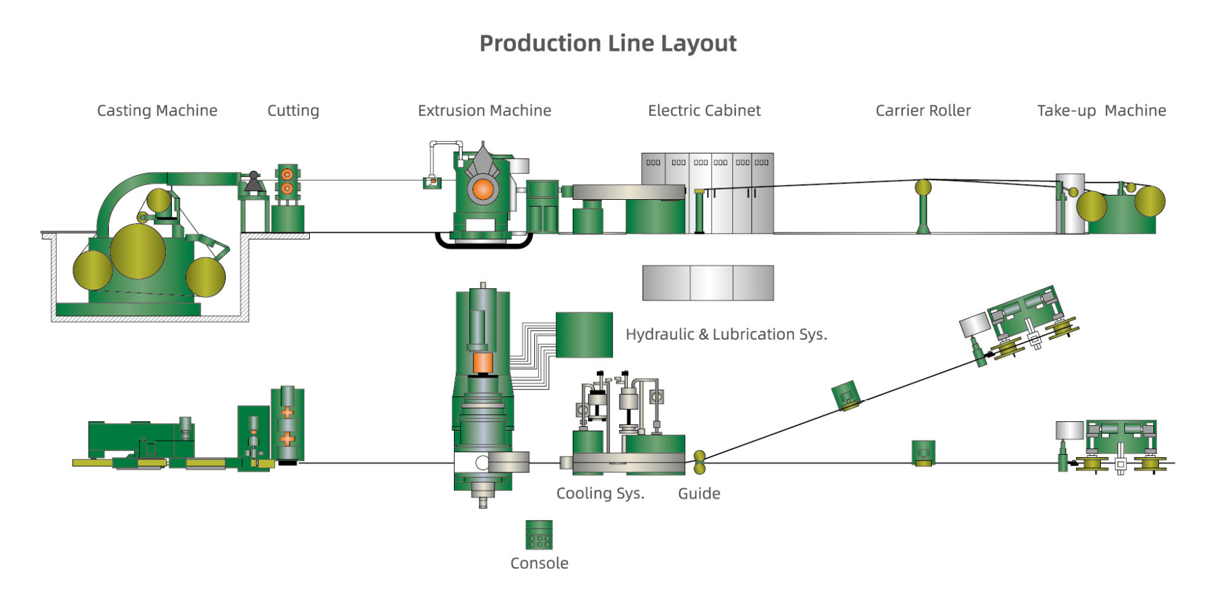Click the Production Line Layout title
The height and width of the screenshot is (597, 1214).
click(x=608, y=44)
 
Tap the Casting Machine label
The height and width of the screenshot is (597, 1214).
click(x=157, y=111)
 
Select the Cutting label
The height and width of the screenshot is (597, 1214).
click(x=293, y=111)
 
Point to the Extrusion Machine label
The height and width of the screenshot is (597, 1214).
click(x=484, y=111)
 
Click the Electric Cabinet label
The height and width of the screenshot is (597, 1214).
click(x=704, y=111)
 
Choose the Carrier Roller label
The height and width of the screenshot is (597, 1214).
click(x=923, y=111)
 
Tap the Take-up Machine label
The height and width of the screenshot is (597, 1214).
click(x=1101, y=111)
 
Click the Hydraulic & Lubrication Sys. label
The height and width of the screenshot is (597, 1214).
click(x=726, y=334)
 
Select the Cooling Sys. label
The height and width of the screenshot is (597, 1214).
click(x=600, y=493)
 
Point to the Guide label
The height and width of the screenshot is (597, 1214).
click(x=699, y=493)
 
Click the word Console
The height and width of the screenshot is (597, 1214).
click(x=539, y=563)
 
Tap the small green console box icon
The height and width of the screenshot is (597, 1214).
click(x=539, y=534)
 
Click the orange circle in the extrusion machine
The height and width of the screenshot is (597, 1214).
click(x=483, y=188)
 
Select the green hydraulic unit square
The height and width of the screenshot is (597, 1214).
click(x=584, y=335)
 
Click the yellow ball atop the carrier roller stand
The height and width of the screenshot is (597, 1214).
click(x=923, y=187)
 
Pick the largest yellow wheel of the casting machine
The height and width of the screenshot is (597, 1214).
click(x=138, y=251)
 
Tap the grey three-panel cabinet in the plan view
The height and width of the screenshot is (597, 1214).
click(x=708, y=283)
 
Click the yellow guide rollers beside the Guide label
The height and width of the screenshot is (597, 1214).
click(x=699, y=462)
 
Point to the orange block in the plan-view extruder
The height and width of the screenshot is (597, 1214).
click(x=482, y=363)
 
